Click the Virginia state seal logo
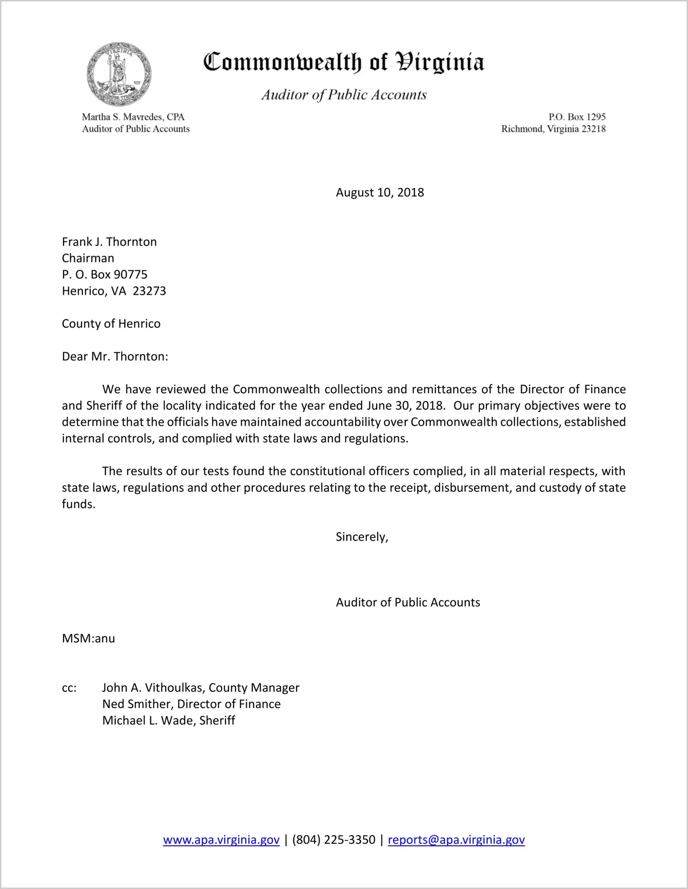[x=119, y=74]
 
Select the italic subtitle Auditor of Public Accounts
[x=344, y=95]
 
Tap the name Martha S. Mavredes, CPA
[x=133, y=117]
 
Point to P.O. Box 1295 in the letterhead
[x=577, y=117]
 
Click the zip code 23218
[x=594, y=129]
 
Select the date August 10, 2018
[x=379, y=192]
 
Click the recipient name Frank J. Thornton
[x=109, y=242]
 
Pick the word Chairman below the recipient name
[x=88, y=258]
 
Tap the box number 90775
[x=130, y=275]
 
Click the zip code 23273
[x=149, y=291]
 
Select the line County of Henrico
[x=111, y=324]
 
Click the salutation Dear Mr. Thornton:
[x=115, y=356]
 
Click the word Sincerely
[x=361, y=537]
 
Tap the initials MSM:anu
[x=88, y=639]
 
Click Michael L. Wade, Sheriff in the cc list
[x=169, y=720]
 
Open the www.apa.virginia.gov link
[x=221, y=840]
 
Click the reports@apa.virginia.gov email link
[x=456, y=840]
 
